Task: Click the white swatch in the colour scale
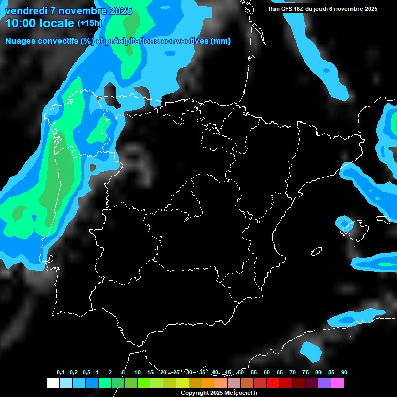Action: pos(53,383)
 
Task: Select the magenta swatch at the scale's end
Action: pos(338,383)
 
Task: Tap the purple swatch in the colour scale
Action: pos(325,383)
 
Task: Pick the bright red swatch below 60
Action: pos(273,383)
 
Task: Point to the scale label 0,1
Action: pos(60,373)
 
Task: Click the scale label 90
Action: pos(344,373)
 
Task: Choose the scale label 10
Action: pos(137,373)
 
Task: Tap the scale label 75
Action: pos(305,373)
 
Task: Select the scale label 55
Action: pos(253,373)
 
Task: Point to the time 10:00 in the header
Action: pos(21,23)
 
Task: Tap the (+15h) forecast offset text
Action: pos(89,23)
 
